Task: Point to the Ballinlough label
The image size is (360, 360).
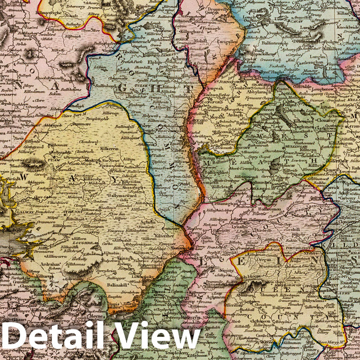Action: [107, 86]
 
